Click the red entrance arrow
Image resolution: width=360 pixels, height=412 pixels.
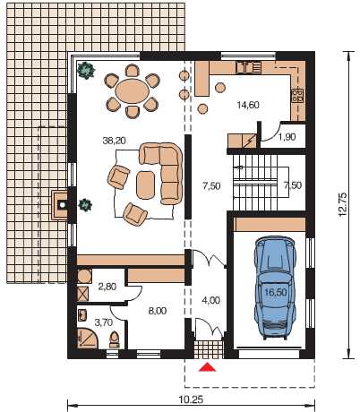[x=207, y=367]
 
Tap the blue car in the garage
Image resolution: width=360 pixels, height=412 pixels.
[x=275, y=288]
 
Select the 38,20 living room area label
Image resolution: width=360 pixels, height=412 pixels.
[x=114, y=141]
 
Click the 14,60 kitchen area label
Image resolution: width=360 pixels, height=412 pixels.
[x=248, y=105]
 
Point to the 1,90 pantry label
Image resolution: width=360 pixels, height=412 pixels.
[x=287, y=137]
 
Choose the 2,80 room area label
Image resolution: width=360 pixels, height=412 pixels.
[x=107, y=287]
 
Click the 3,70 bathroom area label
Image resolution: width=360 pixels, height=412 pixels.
[x=103, y=322]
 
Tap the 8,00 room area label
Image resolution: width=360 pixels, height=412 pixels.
[x=158, y=311]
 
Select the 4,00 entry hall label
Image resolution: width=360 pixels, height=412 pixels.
[x=211, y=300]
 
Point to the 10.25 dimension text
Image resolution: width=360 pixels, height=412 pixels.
[x=191, y=399]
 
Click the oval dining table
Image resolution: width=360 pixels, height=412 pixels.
[x=132, y=91]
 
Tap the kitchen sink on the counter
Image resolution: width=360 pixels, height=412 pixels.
[x=249, y=67]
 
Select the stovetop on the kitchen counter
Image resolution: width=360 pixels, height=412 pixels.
[x=297, y=95]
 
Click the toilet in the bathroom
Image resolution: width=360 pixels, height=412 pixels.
[x=115, y=339]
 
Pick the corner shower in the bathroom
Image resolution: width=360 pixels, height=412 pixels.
[x=87, y=338]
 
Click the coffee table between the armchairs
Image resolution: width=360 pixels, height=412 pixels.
[x=146, y=185]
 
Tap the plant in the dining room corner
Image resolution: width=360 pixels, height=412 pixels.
[x=86, y=70]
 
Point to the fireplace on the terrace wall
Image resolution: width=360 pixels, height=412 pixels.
[x=62, y=205]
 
